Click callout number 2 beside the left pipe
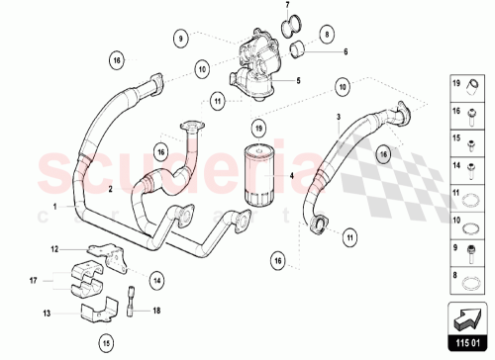[x=110, y=188]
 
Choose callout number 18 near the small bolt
[x=156, y=310]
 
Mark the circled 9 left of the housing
[x=181, y=39]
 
